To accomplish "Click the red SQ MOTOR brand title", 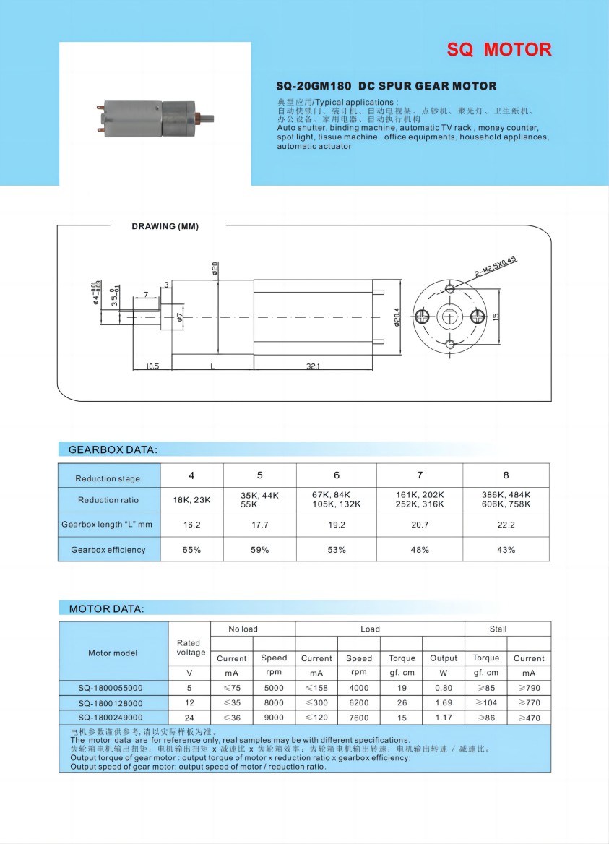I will (498, 50).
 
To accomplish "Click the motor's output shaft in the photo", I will (207, 118).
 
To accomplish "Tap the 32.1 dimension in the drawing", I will (313, 367).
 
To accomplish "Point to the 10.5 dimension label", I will (152, 367).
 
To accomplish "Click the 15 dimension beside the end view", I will (497, 316).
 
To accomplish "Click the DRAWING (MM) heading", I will (165, 227).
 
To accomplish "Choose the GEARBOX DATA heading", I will (112, 449).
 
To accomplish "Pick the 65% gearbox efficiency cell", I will (191, 550).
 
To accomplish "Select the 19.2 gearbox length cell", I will (337, 525).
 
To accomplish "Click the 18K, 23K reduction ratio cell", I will (191, 500).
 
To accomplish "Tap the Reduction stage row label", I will (108, 478).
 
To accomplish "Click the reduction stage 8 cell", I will (506, 475).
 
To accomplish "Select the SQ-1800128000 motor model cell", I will (111, 703).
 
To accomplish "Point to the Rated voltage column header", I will (191, 647).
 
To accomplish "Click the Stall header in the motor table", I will (498, 629).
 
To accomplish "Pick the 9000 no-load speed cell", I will (274, 718).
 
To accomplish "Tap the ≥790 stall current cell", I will (529, 688).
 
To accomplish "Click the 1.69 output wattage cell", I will (444, 703).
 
